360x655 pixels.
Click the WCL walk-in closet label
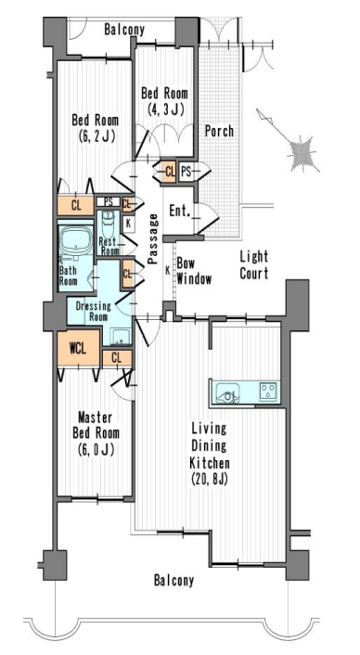78,349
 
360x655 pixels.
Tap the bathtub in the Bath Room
75,242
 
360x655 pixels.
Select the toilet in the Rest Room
109,224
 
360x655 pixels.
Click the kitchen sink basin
227,394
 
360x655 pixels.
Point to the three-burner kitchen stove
269,392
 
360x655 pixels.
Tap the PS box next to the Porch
186,172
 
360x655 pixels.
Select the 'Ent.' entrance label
180,211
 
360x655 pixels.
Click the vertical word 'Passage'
153,238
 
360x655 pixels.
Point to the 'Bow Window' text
194,272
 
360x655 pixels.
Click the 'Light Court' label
254,264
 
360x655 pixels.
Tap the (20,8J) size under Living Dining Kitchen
210,479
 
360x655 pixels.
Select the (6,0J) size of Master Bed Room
96,449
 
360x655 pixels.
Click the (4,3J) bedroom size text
166,109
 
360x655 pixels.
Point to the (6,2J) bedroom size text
96,136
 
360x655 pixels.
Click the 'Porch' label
219,131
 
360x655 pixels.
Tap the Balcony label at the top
124,30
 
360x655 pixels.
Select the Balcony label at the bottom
174,580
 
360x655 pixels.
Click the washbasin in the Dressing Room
122,336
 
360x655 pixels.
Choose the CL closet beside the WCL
117,357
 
